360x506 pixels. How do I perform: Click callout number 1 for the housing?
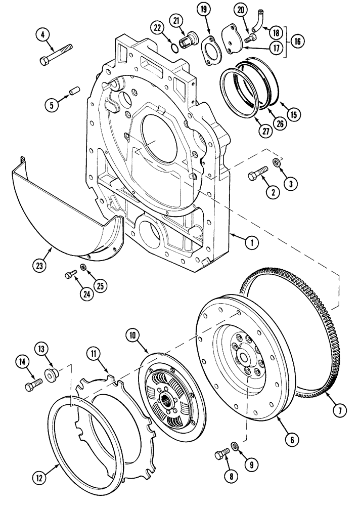tap(249, 242)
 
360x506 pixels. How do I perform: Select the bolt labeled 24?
tap(70, 274)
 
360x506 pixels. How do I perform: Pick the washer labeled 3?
tap(278, 162)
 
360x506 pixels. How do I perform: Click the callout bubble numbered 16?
tap(297, 41)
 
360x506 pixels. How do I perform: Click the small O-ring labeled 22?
tap(173, 48)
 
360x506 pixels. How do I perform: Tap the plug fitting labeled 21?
tap(191, 39)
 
